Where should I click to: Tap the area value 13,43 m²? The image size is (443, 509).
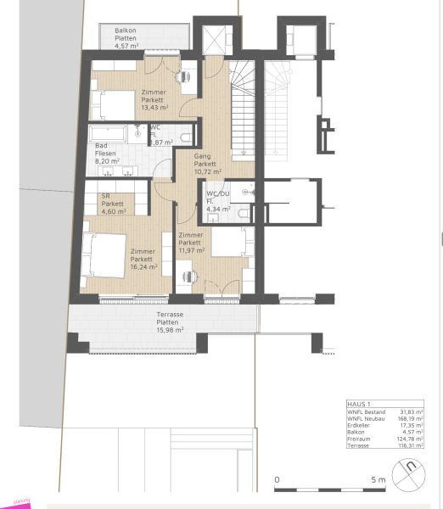point(154,108)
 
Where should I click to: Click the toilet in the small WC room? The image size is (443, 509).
point(186,135)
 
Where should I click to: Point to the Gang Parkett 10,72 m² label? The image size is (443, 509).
point(207,164)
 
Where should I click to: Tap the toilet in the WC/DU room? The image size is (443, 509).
point(243,215)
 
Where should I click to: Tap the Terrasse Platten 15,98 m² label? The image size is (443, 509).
point(170,322)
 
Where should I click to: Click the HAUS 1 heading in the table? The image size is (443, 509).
point(360,405)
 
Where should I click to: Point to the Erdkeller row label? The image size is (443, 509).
point(360,426)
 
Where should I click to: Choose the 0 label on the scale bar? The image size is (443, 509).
point(278,481)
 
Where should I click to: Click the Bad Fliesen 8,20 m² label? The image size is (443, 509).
point(108,153)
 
